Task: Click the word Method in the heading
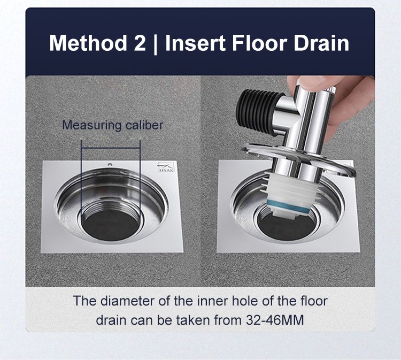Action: pyautogui.click(x=88, y=43)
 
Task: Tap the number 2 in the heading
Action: pyautogui.click(x=140, y=43)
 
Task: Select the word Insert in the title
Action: pyautogui.click(x=195, y=43)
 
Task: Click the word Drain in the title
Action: pyautogui.click(x=321, y=43)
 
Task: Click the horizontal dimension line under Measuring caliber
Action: pyautogui.click(x=111, y=148)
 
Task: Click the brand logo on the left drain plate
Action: pyautogui.click(x=166, y=167)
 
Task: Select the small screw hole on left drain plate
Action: pyautogui.click(x=110, y=164)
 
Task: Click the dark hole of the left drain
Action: pyautogui.click(x=111, y=225)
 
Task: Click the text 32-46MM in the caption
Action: pyautogui.click(x=275, y=320)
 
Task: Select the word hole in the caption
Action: pyautogui.click(x=245, y=301)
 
